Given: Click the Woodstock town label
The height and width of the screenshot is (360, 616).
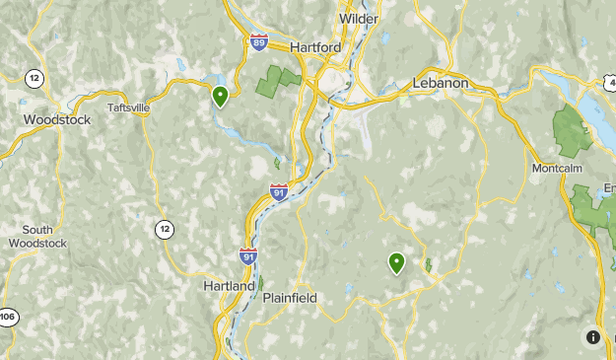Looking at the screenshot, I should coord(57,119).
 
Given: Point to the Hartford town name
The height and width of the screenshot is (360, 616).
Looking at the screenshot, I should coord(315,46).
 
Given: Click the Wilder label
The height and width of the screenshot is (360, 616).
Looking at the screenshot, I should coord(359,19).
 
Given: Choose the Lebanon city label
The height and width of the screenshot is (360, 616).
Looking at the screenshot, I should coord(441,83).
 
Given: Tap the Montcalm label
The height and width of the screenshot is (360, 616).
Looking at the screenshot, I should coord(557,169).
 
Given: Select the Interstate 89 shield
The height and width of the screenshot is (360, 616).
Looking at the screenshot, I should coord(258,41).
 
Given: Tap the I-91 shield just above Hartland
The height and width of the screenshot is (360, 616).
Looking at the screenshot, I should coord(247,256).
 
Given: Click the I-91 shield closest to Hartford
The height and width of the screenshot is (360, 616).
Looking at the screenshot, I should coord(279,191).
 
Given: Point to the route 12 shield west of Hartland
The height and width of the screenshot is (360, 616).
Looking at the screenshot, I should coord(164,229).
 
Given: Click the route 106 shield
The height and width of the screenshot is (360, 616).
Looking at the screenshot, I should coord(6,317).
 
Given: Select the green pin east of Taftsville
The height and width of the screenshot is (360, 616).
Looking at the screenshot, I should coord(220,96).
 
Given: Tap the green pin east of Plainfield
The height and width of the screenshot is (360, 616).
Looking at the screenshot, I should coord(396,262).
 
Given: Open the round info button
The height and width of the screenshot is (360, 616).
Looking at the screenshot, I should coord(592,337).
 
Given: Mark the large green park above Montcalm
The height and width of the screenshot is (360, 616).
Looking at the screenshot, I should coord(570,131).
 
